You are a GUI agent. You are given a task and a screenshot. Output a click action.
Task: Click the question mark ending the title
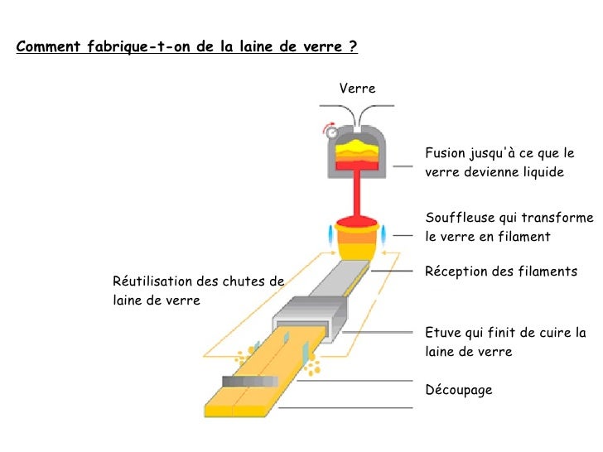354,46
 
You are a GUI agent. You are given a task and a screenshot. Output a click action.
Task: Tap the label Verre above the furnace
357,89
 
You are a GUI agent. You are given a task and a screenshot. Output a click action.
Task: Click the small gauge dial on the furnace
332,132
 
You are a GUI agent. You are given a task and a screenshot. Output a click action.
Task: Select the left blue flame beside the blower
331,233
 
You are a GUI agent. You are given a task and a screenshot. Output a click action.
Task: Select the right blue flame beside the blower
384,232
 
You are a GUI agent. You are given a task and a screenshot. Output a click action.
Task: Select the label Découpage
458,389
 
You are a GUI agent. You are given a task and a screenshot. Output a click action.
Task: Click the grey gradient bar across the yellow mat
249,382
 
